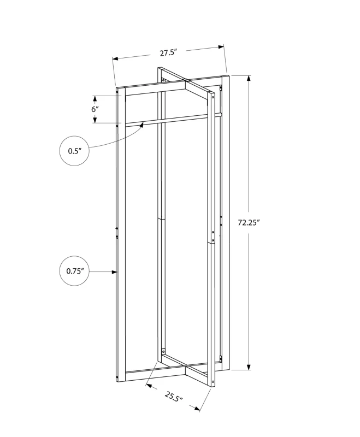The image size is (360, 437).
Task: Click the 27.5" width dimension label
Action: point(169,53)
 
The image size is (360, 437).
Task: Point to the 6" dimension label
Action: point(95,109)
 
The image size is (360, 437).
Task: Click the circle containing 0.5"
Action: point(74,151)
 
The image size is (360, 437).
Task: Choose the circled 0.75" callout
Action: point(74,271)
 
